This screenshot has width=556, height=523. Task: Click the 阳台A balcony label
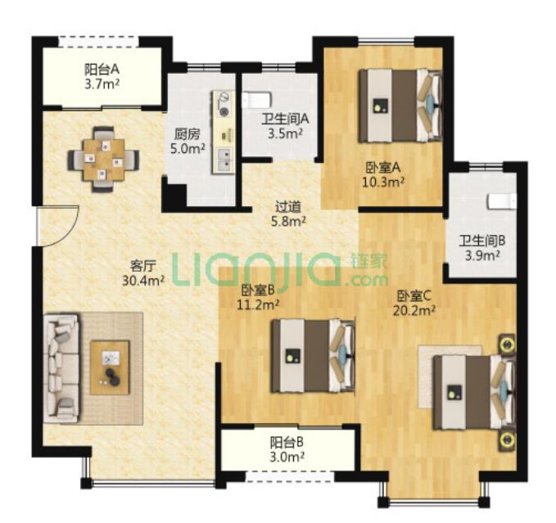[102, 69]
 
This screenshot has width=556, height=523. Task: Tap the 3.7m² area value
[102, 85]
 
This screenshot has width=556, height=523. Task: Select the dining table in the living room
[103, 160]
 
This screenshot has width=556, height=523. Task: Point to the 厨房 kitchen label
[188, 133]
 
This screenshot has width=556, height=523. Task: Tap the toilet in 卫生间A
[257, 100]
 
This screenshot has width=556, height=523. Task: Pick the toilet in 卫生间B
[502, 201]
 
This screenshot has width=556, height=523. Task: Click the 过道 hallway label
[288, 206]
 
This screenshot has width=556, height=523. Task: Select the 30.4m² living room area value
[143, 281]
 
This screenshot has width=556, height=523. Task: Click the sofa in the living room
[61, 367]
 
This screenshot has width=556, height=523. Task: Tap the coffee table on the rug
[110, 367]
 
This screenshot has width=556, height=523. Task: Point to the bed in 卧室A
[400, 106]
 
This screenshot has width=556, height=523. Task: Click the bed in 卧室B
[313, 356]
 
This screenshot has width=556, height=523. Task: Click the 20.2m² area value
[414, 311]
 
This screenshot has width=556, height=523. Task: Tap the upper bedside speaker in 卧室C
[508, 344]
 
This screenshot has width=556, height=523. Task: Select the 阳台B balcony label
[287, 442]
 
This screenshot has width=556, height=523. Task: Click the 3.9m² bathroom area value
[482, 255]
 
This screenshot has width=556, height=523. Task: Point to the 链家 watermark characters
[368, 262]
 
